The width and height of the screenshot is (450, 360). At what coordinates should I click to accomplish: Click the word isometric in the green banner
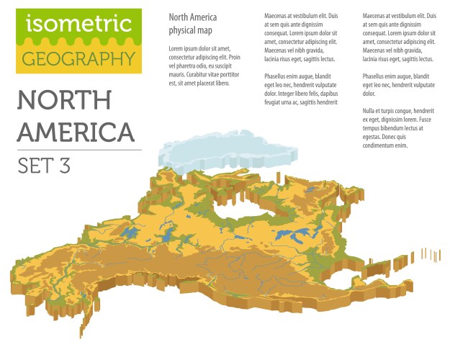tap(78, 24)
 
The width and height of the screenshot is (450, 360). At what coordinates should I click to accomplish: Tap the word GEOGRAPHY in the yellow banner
tap(78, 58)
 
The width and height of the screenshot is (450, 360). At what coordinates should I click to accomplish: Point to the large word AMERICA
tap(76, 132)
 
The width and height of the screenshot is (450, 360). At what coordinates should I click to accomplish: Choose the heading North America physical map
tap(193, 23)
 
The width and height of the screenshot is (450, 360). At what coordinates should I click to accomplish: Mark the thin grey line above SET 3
tap(78, 150)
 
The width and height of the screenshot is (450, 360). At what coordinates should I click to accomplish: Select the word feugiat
tap(276, 102)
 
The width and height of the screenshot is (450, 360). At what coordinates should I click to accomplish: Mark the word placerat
tap(215, 83)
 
